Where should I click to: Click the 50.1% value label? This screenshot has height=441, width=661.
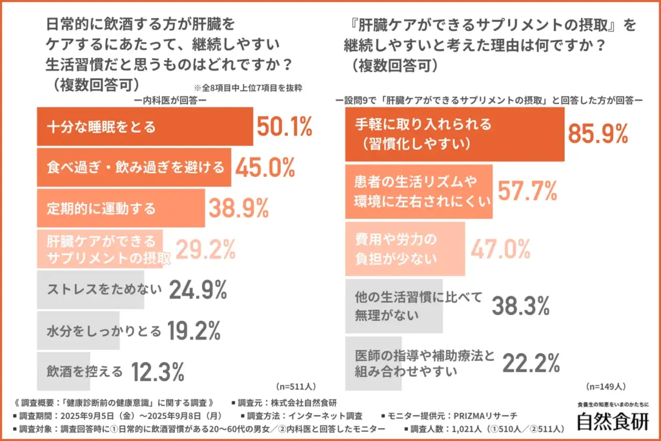click(285, 128)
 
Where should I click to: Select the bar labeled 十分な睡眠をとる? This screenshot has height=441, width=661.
click(145, 127)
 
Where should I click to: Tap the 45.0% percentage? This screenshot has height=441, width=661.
click(265, 168)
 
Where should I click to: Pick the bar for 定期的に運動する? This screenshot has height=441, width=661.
click(121, 209)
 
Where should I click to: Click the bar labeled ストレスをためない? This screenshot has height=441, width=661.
click(102, 291)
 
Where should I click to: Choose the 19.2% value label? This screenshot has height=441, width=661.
click(194, 331)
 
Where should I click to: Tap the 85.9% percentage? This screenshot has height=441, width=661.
click(598, 134)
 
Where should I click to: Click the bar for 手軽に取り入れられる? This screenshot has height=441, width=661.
click(454, 134)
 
